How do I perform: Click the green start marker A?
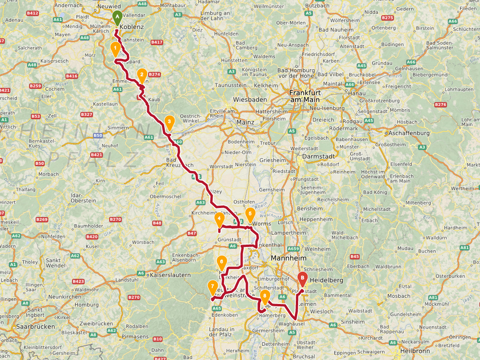tap(117, 18)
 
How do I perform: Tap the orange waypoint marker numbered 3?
tap(169, 122)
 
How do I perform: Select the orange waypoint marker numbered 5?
tap(250, 214)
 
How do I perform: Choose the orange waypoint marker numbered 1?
tap(115, 48)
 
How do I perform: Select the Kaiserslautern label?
tap(170, 275)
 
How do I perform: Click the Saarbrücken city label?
tap(34, 327)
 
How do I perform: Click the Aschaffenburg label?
tap(409, 133)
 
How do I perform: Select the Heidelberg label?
tap(327, 280)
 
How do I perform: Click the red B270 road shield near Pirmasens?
tap(134, 297)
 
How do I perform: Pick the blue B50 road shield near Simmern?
tap(98, 135)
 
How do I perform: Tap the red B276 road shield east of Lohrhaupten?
tap(441, 104)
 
